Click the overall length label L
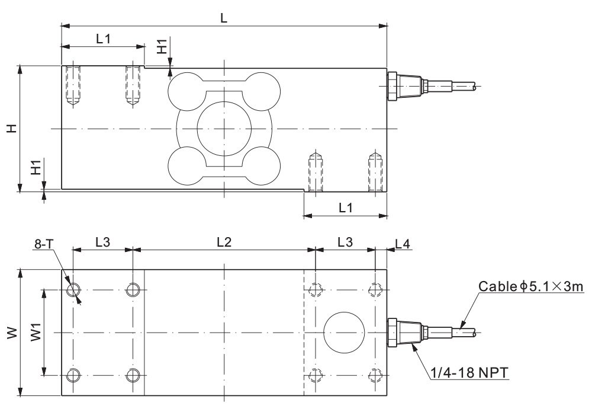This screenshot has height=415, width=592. point(224,18)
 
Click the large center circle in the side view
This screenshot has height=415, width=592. point(224,129)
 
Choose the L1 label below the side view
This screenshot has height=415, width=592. point(345,208)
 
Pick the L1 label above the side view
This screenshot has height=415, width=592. point(104,39)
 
